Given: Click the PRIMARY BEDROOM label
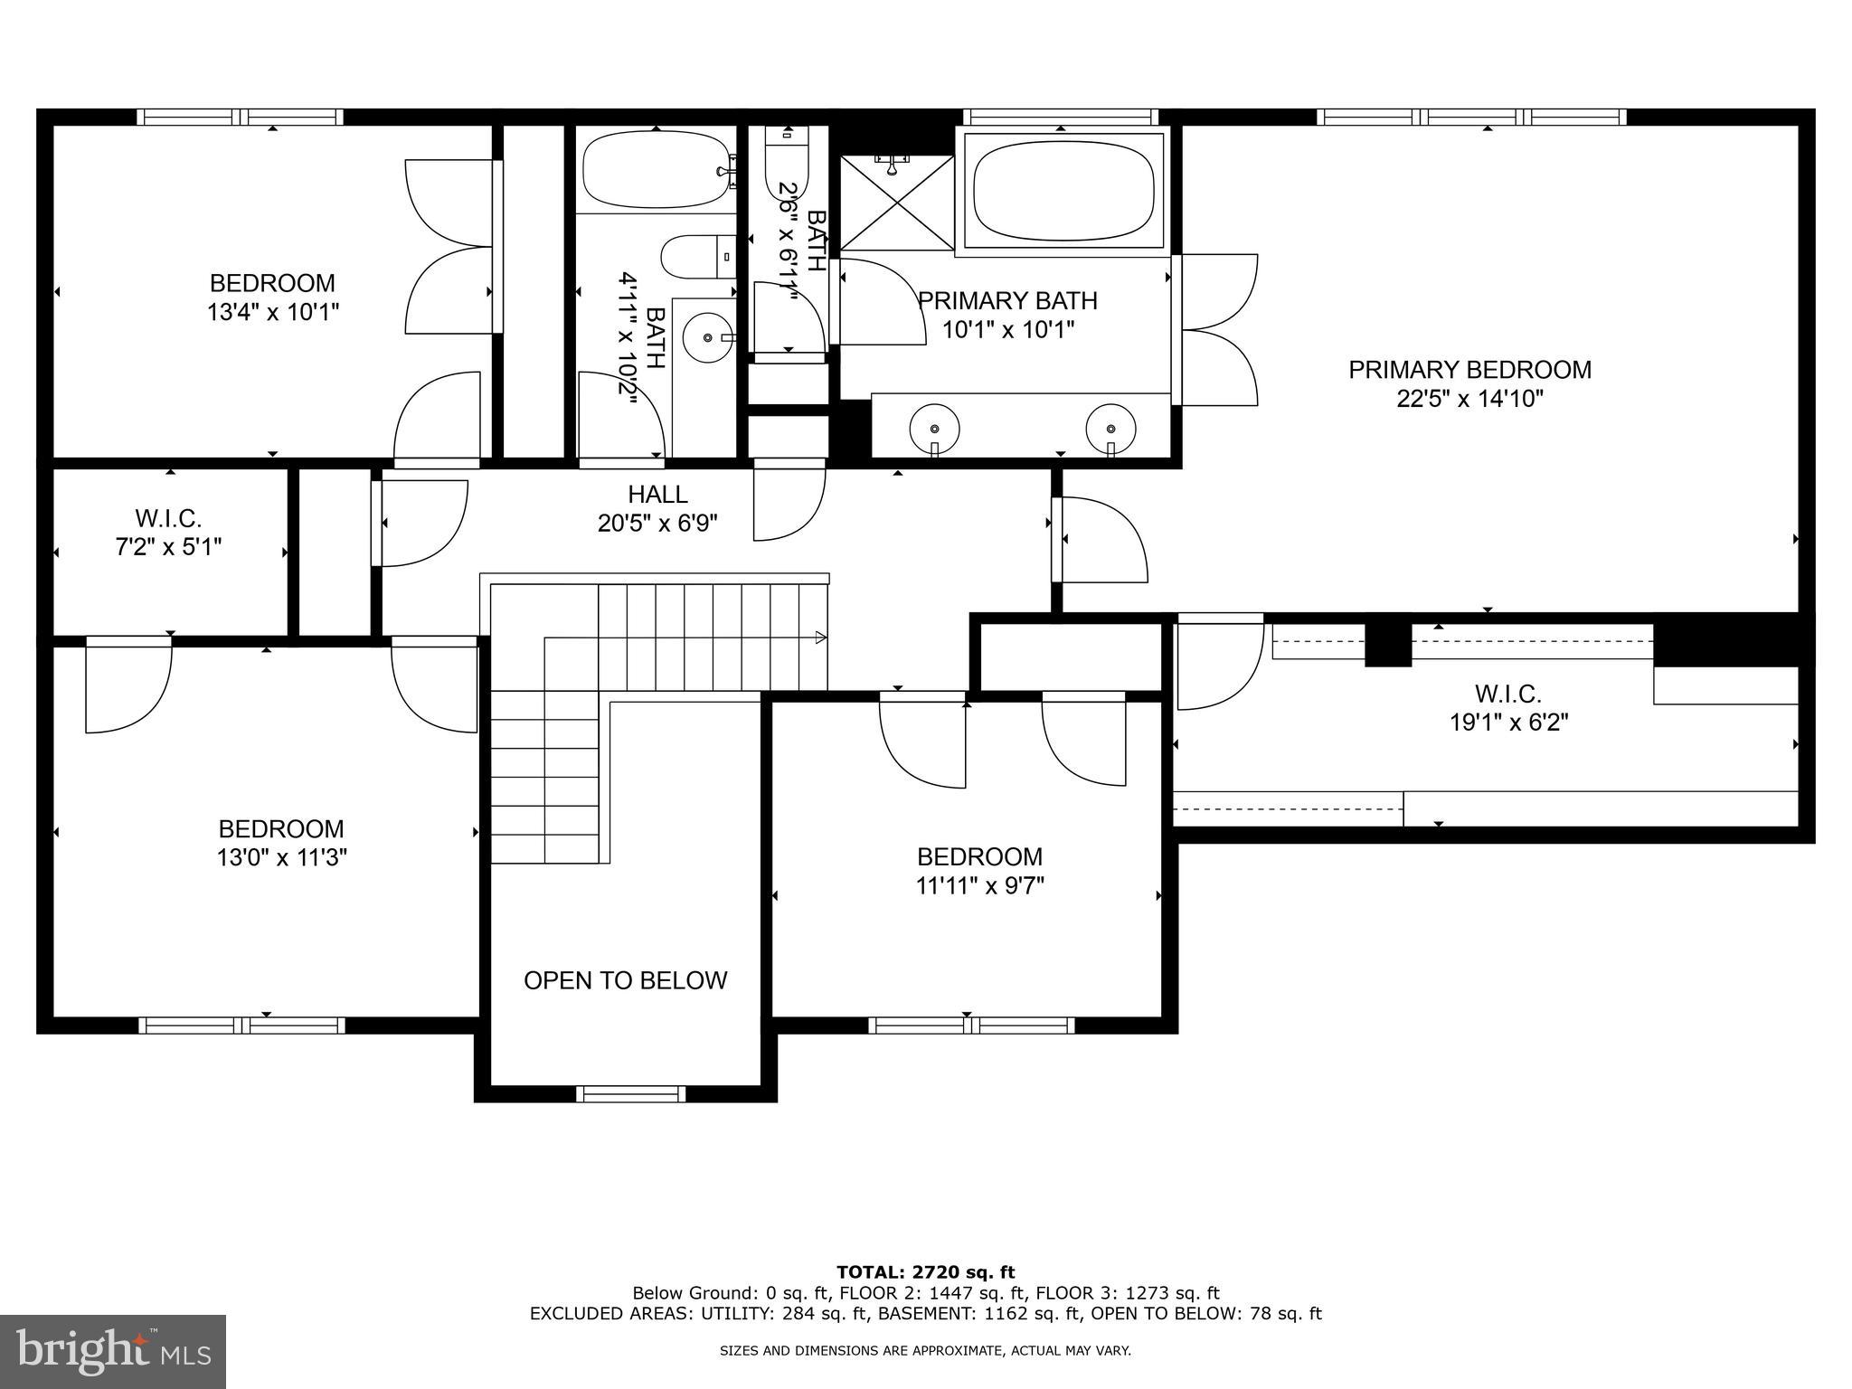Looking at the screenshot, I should (1469, 370).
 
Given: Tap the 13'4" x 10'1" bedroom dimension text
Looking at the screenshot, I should (272, 313).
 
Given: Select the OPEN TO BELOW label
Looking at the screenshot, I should (625, 980).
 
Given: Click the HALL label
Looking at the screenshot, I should (657, 495).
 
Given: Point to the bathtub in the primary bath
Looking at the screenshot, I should (1063, 190).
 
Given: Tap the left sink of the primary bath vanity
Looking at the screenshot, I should (934, 428).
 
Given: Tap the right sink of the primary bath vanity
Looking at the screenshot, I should (1110, 428).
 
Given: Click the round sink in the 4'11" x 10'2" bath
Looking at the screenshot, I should (707, 337).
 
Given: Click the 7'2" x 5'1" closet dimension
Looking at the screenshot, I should (168, 547).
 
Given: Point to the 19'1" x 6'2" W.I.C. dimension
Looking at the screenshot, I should (1508, 723).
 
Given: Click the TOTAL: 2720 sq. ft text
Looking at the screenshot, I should (925, 1273).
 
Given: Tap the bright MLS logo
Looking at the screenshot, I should (113, 1351).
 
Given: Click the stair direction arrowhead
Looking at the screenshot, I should (821, 638).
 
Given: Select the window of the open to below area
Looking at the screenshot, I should (630, 1094).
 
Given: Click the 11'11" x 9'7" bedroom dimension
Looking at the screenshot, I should (979, 885).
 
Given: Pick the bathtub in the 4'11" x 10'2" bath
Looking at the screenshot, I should (656, 170).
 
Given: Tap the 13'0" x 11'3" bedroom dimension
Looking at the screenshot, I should (281, 857).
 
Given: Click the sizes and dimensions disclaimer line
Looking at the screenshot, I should (925, 1351).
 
